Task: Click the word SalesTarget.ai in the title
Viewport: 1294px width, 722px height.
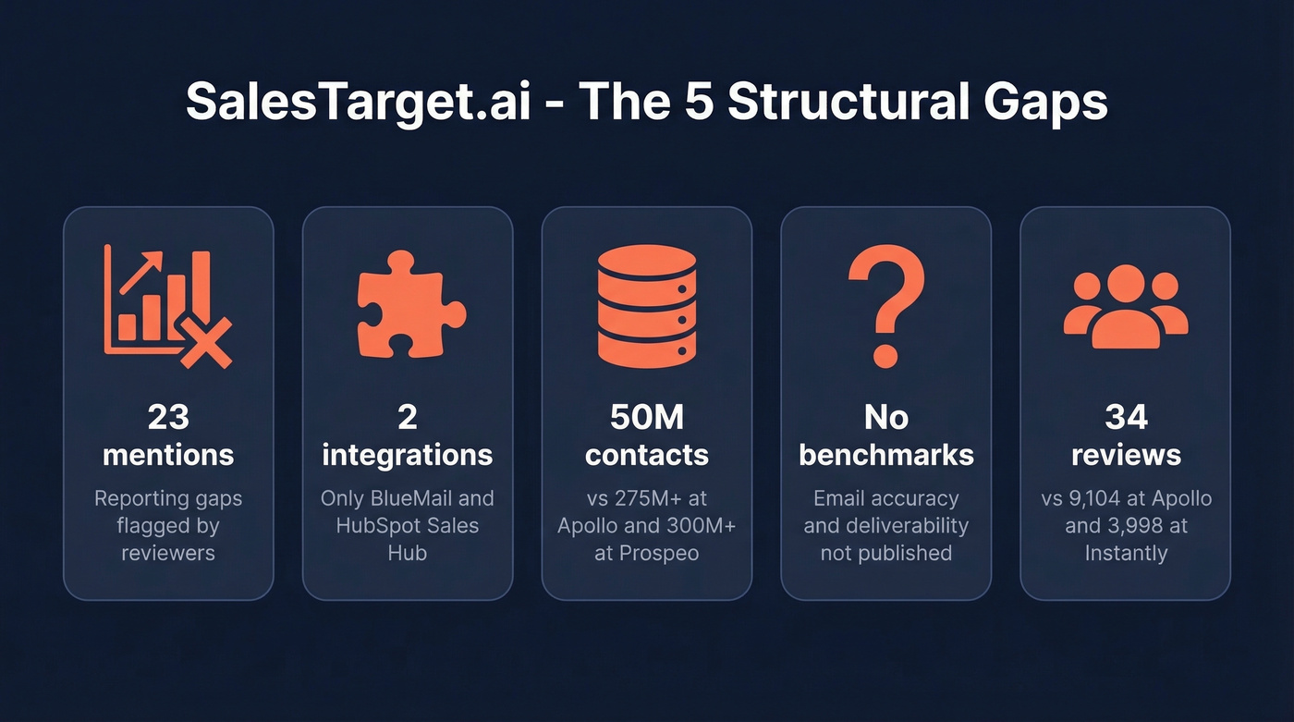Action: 358,103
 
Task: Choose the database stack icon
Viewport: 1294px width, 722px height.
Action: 646,306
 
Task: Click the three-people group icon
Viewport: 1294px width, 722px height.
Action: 1125,307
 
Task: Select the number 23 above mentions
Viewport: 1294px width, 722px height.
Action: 168,417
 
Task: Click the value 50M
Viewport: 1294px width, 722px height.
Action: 646,417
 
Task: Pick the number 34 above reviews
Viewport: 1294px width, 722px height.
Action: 1125,417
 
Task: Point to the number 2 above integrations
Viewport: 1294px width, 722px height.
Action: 408,417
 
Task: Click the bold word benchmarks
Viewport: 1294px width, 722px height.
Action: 885,455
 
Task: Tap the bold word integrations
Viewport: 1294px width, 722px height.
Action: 408,455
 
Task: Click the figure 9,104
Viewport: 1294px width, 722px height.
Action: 1104,498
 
